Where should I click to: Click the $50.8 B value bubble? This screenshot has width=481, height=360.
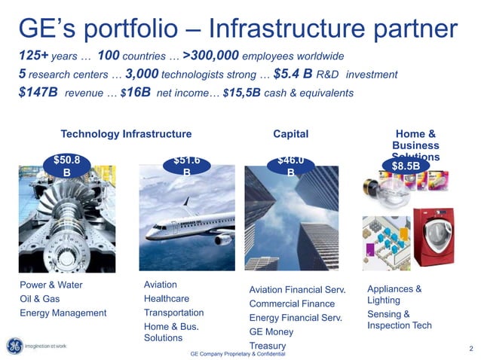(x=67, y=165)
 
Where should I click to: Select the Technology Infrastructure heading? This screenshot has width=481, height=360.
(x=126, y=133)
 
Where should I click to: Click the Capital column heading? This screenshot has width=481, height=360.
(x=291, y=133)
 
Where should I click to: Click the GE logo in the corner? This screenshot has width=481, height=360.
(x=14, y=346)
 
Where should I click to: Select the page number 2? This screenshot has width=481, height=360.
(x=470, y=348)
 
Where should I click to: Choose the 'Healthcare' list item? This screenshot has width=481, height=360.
(x=166, y=298)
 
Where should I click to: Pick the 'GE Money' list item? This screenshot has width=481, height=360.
(x=271, y=331)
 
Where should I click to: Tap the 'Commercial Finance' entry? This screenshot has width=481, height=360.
(x=291, y=304)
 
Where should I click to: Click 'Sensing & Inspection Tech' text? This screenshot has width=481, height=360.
(x=399, y=320)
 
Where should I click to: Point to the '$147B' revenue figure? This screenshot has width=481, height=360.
(x=38, y=93)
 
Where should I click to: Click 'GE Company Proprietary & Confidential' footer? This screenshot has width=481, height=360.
(x=237, y=353)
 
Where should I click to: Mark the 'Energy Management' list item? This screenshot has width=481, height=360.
(x=63, y=313)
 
